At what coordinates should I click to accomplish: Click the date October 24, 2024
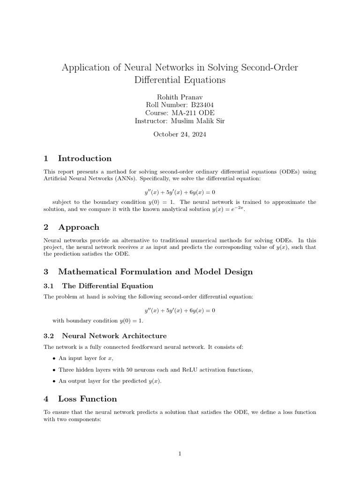click(180, 134)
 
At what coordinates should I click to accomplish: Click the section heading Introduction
click(84, 158)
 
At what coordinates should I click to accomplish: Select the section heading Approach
click(78, 227)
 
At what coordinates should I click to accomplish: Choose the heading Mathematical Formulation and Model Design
click(155, 271)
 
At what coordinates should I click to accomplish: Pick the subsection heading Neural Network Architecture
click(114, 336)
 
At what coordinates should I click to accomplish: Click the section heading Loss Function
click(87, 399)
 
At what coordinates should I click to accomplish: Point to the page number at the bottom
click(180, 454)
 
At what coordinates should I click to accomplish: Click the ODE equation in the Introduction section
click(180, 192)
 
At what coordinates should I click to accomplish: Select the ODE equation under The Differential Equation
click(180, 310)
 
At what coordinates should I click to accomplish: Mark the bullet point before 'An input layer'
click(54, 359)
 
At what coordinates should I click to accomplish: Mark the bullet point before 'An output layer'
click(54, 382)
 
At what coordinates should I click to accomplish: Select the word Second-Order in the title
click(270, 67)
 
